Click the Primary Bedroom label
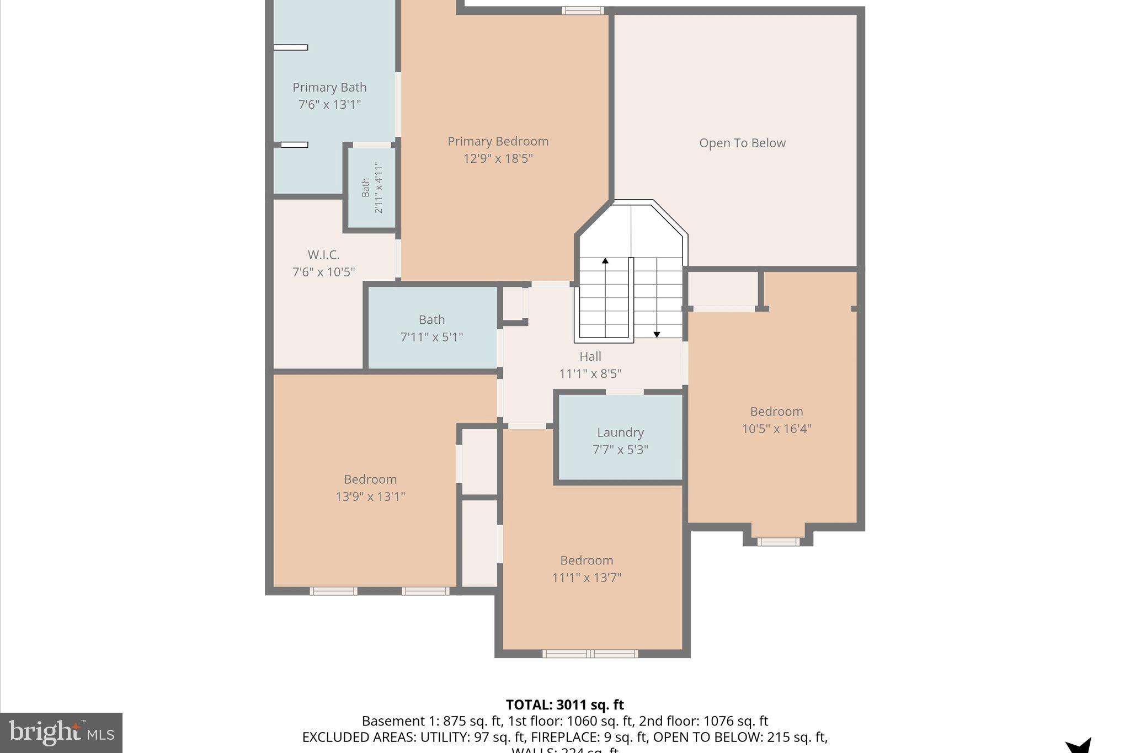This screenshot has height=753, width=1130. (x=498, y=141)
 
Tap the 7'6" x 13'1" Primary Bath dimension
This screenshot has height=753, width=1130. (x=329, y=104)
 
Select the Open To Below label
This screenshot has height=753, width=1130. (x=742, y=143)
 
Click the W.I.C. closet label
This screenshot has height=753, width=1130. (x=323, y=255)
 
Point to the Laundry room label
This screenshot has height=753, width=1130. (x=620, y=432)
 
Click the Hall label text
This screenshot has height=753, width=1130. (x=590, y=356)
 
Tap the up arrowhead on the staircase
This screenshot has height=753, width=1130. (x=605, y=260)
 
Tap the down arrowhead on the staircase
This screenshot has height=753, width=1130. (x=657, y=334)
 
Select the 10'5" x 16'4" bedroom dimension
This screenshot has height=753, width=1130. (x=776, y=429)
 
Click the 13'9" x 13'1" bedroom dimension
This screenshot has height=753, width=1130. (x=370, y=496)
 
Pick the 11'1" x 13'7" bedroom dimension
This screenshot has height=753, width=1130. (x=587, y=578)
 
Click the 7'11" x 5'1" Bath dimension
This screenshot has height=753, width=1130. (x=431, y=337)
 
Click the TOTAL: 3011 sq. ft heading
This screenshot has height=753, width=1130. (x=564, y=705)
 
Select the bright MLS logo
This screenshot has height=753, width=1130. (x=61, y=733)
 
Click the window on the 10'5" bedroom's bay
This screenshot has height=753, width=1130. (x=778, y=542)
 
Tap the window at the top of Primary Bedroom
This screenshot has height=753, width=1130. (x=583, y=10)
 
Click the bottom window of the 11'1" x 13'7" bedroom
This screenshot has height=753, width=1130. (x=590, y=654)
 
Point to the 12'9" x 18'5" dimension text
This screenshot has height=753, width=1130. (x=498, y=158)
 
